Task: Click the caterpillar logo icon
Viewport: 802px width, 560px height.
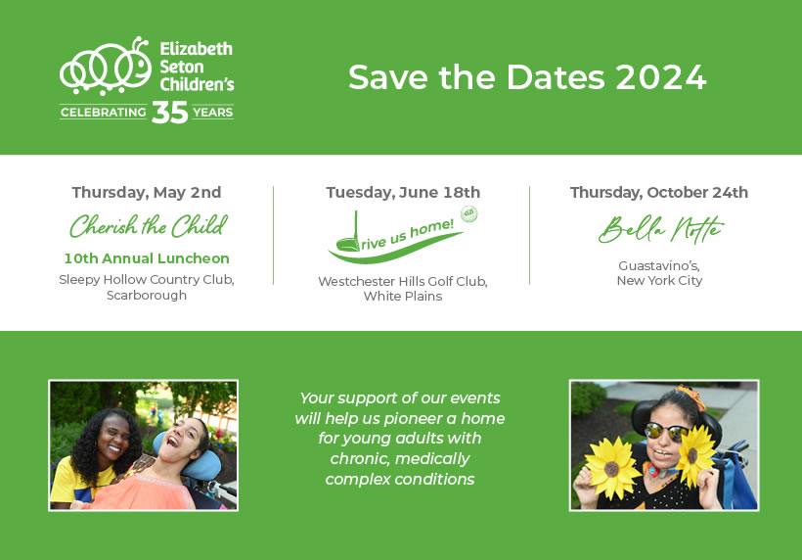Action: pyautogui.click(x=105, y=66)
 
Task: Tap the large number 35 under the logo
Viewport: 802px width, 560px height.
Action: pyautogui.click(x=170, y=113)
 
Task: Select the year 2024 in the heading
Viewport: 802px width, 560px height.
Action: pyautogui.click(x=661, y=77)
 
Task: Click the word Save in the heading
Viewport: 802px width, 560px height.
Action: pyautogui.click(x=388, y=77)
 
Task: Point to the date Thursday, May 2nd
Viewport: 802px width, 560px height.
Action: pyautogui.click(x=147, y=193)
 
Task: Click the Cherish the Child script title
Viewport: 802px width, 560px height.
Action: pyautogui.click(x=149, y=226)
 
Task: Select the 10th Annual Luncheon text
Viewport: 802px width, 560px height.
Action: pyautogui.click(x=147, y=258)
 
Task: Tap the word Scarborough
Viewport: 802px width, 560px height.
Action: pyautogui.click(x=147, y=296)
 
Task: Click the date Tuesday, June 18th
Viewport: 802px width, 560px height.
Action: pyautogui.click(x=403, y=193)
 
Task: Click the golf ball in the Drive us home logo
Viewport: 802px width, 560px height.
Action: pyautogui.click(x=469, y=213)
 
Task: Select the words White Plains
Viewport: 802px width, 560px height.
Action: pyautogui.click(x=403, y=296)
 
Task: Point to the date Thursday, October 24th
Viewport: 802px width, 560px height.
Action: pyautogui.click(x=659, y=193)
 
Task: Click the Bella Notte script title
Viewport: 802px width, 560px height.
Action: pyautogui.click(x=661, y=229)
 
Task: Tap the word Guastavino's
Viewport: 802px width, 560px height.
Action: pyautogui.click(x=659, y=265)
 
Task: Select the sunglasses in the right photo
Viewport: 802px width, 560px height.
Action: pyautogui.click(x=665, y=432)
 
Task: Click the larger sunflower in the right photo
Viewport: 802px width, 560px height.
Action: pyautogui.click(x=612, y=468)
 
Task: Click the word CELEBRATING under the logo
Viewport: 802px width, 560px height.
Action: pyautogui.click(x=104, y=113)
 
